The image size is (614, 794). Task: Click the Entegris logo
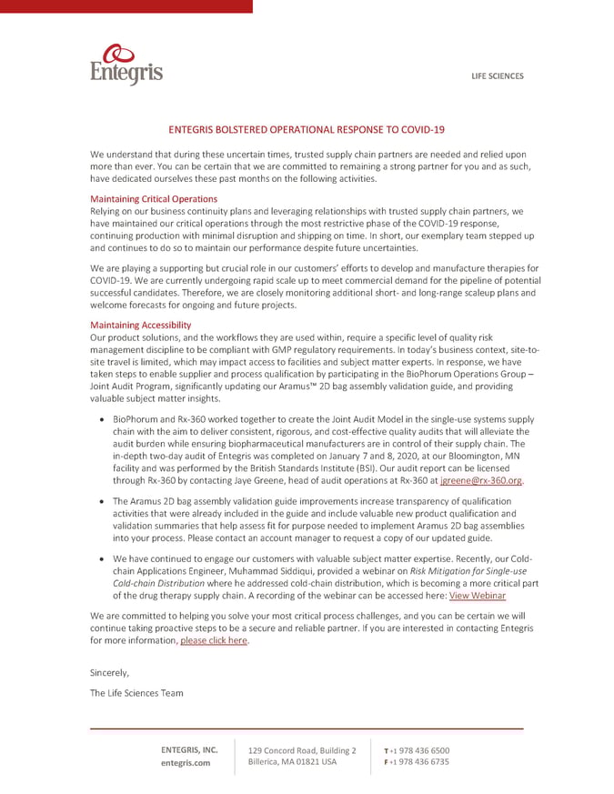pyautogui.click(x=126, y=65)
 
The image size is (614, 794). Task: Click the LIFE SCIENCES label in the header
pyautogui.click(x=497, y=76)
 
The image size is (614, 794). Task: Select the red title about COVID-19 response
pyautogui.click(x=307, y=130)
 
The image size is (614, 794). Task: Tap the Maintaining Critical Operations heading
pyautogui.click(x=154, y=198)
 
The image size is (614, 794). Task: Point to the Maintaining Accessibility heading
pyautogui.click(x=141, y=325)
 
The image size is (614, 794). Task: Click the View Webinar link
pyautogui.click(x=478, y=595)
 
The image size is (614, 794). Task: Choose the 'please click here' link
pyautogui.click(x=214, y=640)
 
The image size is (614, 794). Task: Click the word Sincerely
pyautogui.click(x=109, y=672)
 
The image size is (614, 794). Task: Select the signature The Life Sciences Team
pyautogui.click(x=136, y=693)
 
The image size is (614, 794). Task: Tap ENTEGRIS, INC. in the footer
pyautogui.click(x=189, y=749)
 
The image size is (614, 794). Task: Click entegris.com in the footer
pyautogui.click(x=186, y=762)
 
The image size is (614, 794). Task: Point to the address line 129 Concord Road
pyautogui.click(x=302, y=749)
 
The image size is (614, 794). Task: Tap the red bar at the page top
pyautogui.click(x=126, y=5)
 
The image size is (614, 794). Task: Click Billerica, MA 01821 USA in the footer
pyautogui.click(x=292, y=761)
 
